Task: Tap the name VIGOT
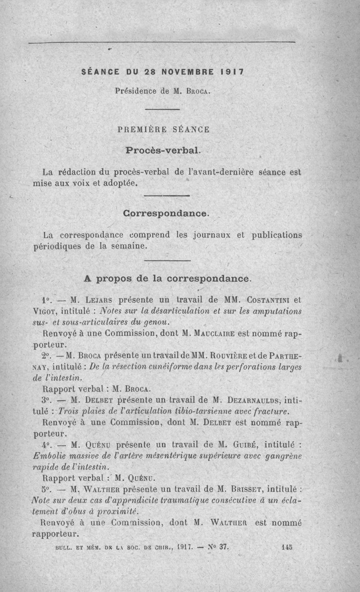tap(45, 311)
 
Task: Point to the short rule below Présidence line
tap(162, 109)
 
